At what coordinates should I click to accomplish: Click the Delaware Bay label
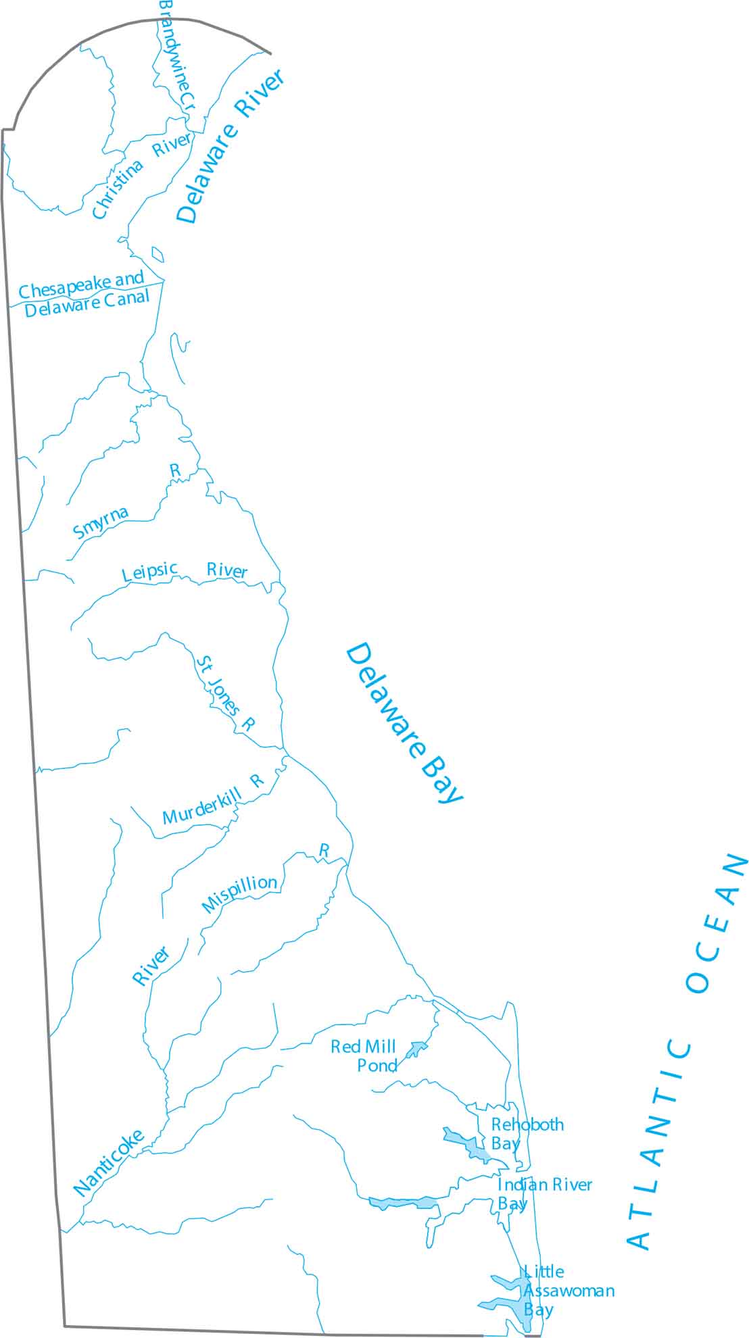(x=404, y=723)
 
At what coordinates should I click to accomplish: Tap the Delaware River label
(x=231, y=145)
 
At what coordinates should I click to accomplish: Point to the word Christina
(x=118, y=190)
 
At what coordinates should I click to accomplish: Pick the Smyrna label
(x=100, y=522)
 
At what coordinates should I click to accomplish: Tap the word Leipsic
(x=149, y=572)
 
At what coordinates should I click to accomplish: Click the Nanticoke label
(x=108, y=1162)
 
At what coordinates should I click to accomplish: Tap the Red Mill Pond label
(x=364, y=1056)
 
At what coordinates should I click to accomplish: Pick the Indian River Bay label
(x=544, y=1193)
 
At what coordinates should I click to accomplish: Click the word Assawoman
(x=569, y=1291)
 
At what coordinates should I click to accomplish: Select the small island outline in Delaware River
(x=158, y=255)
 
